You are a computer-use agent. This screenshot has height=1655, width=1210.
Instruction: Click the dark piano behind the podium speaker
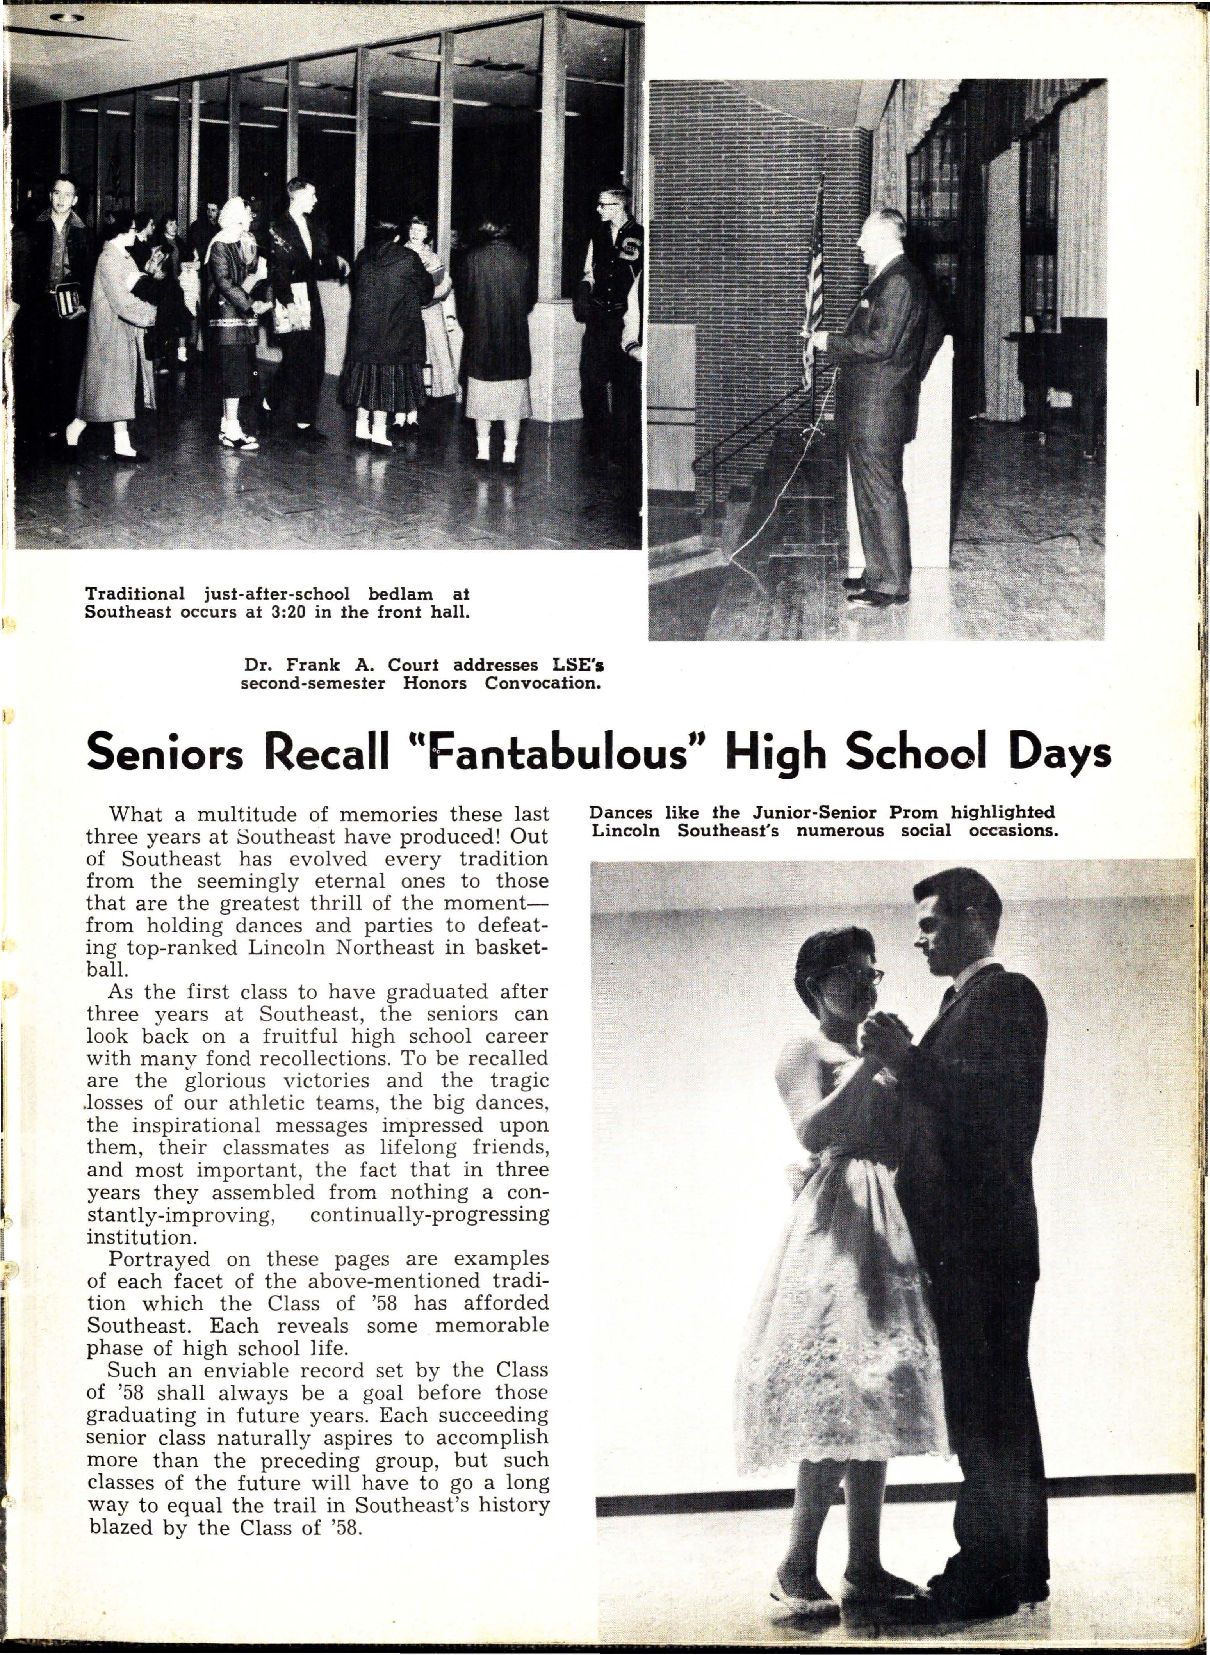(1055, 381)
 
